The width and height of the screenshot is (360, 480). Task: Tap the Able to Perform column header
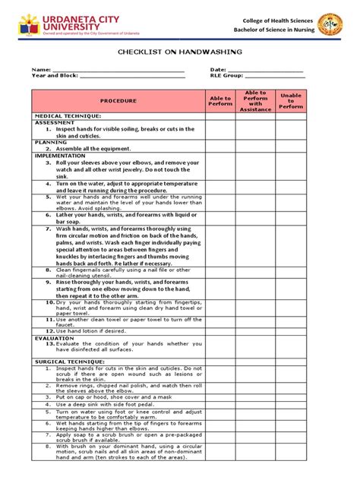tap(219, 100)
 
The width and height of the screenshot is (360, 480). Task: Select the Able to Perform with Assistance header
tap(255, 100)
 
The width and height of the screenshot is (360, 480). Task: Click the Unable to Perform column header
tap(291, 100)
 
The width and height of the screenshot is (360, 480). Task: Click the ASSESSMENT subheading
tap(55, 122)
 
